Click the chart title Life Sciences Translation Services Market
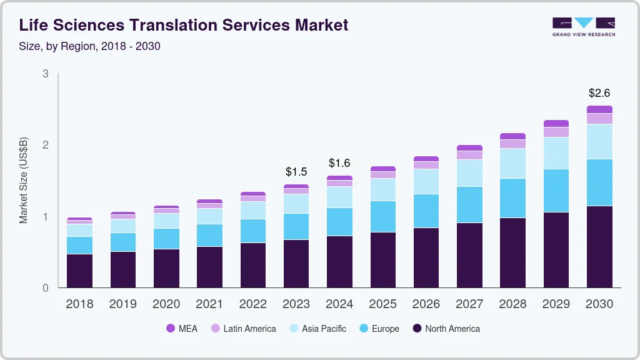tap(184, 25)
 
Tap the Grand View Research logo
tap(583, 27)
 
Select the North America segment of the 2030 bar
tap(599, 247)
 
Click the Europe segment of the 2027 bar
tap(469, 204)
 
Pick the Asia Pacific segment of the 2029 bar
tap(556, 153)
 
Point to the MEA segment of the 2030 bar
tap(599, 109)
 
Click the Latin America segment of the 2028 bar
tap(512, 144)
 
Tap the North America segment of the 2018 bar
tap(79, 271)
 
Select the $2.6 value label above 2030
tap(599, 93)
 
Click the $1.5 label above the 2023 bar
tap(296, 171)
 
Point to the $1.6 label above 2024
tap(339, 163)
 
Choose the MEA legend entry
tap(182, 328)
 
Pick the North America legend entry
tap(446, 328)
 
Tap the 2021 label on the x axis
tap(209, 304)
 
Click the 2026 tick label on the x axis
tap(426, 304)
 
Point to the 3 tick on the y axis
tap(46, 74)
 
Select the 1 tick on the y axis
tap(46, 217)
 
